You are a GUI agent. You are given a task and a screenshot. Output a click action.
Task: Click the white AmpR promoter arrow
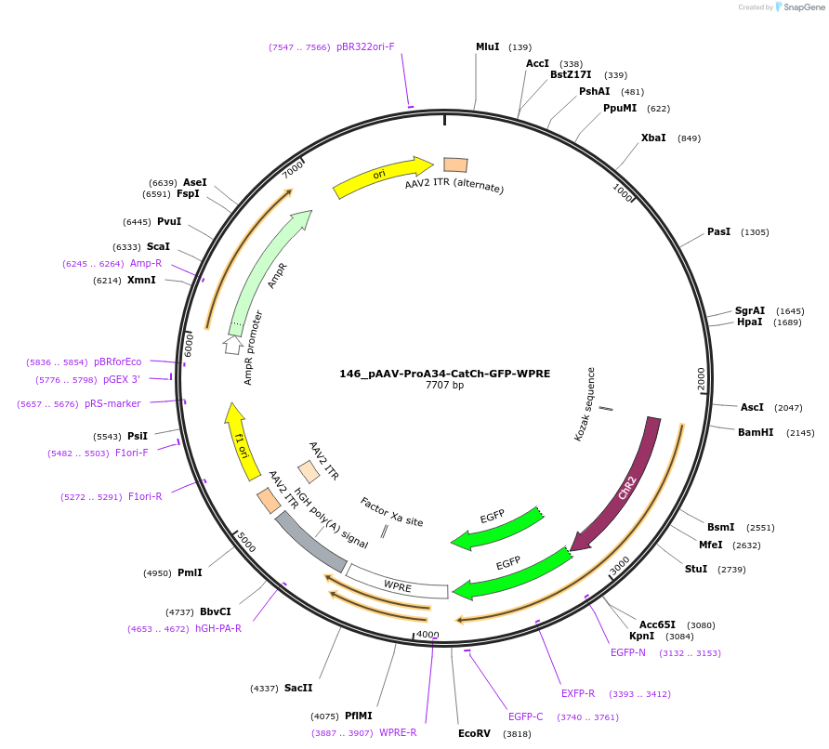(x=233, y=344)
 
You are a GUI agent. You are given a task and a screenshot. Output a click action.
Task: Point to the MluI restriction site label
(x=488, y=46)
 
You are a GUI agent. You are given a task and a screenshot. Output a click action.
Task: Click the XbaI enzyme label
(x=653, y=138)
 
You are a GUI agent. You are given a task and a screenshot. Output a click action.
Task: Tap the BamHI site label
(x=756, y=432)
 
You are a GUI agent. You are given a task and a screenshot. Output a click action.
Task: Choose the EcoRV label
(x=474, y=733)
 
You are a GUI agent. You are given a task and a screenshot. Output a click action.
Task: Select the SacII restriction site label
(x=298, y=688)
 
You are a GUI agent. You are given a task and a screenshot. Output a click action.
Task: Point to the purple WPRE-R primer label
(x=398, y=732)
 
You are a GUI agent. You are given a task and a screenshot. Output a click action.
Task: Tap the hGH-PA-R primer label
(x=218, y=628)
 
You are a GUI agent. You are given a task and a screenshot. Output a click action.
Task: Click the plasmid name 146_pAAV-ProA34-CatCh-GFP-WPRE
(x=444, y=374)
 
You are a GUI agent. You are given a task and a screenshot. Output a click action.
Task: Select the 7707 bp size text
(x=444, y=386)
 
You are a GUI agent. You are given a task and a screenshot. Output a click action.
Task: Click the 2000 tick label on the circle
(x=702, y=379)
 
